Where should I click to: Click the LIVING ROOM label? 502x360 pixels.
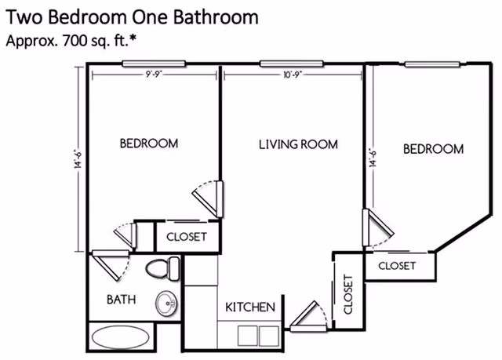pos(298,144)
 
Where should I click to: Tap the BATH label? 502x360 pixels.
pos(122,299)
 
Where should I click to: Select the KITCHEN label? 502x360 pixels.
pos(250,307)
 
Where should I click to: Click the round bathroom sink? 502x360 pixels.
pos(166,302)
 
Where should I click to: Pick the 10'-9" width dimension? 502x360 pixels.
pos(292,74)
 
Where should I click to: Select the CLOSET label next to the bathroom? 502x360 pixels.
pos(187,235)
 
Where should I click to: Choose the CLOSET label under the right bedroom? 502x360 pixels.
pos(396,266)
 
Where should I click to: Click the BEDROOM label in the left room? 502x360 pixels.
pos(148,144)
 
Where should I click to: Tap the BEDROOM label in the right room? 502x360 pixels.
pos(433,148)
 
